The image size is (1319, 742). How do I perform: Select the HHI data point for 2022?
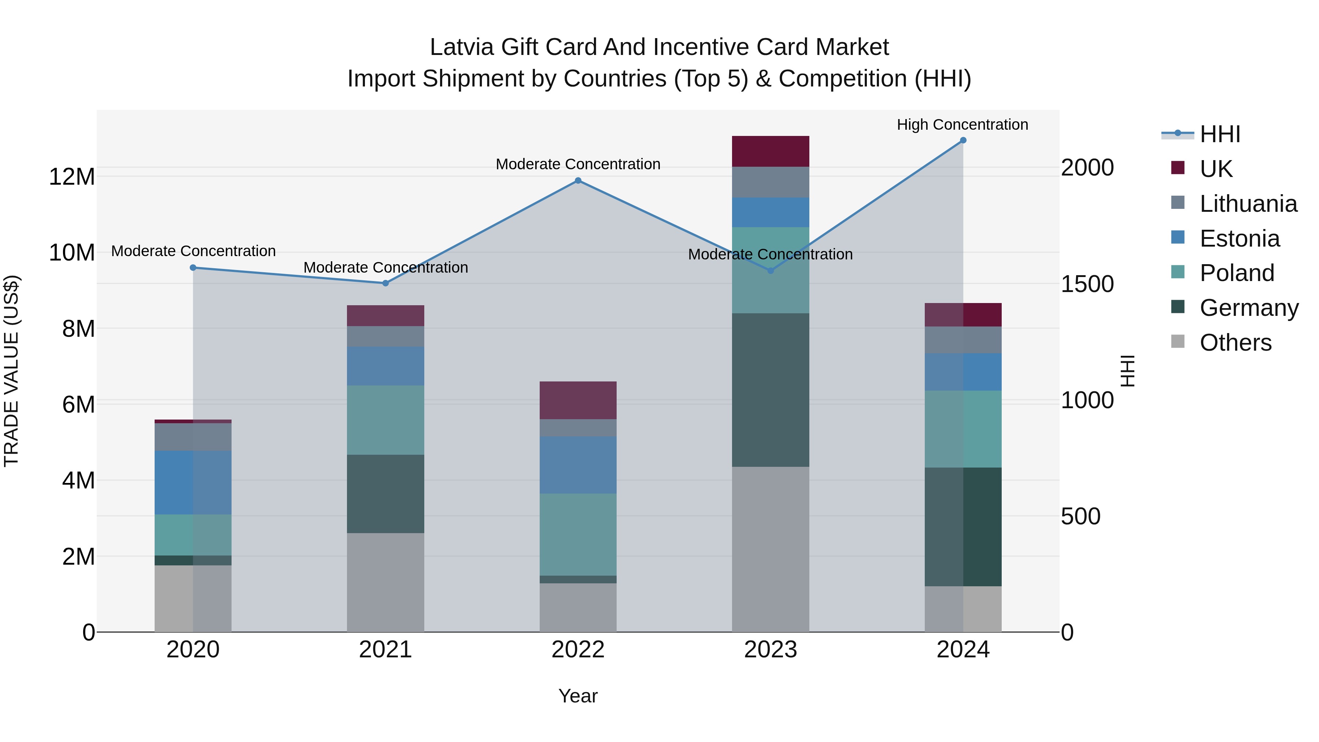[x=578, y=180]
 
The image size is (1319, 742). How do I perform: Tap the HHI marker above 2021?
[x=385, y=283]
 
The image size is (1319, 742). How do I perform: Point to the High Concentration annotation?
[x=962, y=125]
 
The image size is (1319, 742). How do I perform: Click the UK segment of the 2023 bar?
[x=770, y=152]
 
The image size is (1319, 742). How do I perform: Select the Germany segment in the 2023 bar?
[x=770, y=390]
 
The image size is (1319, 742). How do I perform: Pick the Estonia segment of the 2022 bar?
[x=578, y=465]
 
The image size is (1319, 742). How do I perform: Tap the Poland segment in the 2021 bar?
[x=385, y=420]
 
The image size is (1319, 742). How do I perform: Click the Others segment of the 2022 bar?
[x=578, y=607]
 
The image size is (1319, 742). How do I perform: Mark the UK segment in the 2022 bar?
[x=578, y=400]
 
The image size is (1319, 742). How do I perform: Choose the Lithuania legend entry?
[x=1248, y=204]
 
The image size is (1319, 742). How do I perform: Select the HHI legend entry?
[x=1220, y=134]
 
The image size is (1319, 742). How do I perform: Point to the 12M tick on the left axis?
[x=72, y=177]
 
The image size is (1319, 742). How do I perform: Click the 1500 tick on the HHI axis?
[x=1087, y=284]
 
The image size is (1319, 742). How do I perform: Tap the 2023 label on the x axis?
[x=770, y=650]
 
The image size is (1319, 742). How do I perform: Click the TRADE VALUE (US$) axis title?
[x=11, y=371]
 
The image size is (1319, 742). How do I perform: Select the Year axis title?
[x=578, y=696]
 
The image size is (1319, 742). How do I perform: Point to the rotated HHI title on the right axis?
[x=1127, y=371]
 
